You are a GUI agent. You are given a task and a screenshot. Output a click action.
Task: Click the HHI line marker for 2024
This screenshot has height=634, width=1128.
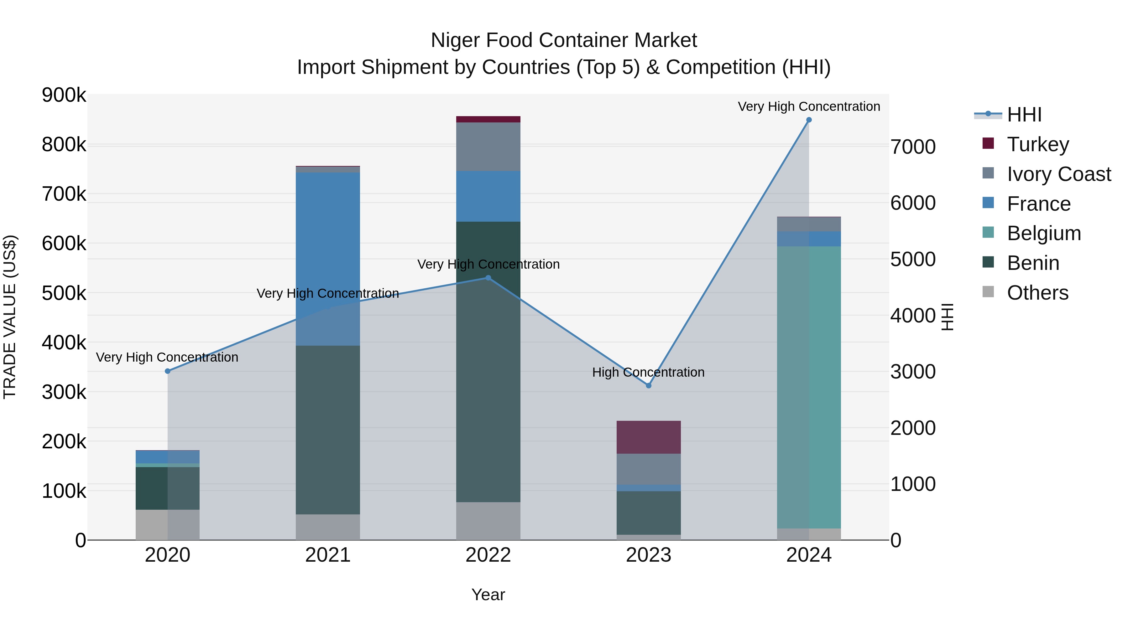coord(809,120)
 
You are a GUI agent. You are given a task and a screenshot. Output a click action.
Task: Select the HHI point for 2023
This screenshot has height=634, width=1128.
coord(649,385)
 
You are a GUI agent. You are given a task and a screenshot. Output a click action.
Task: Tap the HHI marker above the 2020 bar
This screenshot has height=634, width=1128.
coord(168,371)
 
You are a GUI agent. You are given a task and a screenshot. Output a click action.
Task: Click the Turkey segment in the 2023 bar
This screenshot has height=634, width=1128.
coord(649,437)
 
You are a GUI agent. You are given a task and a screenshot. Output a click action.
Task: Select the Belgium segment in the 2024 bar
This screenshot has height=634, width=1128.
coord(809,387)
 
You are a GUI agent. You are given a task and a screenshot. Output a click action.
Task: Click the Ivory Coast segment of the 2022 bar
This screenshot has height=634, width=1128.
coord(488,147)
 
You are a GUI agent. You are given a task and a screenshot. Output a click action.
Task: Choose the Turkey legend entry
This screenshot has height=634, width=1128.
coord(1037,144)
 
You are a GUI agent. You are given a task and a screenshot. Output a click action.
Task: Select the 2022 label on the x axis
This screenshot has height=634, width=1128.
coord(488,555)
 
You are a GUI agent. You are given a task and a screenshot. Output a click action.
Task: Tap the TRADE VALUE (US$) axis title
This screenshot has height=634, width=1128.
coord(10,317)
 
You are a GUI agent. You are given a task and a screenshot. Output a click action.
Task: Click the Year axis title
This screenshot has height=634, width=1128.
coord(488,595)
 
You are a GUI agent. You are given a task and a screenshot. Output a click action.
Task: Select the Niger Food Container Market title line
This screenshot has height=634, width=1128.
coord(564,40)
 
